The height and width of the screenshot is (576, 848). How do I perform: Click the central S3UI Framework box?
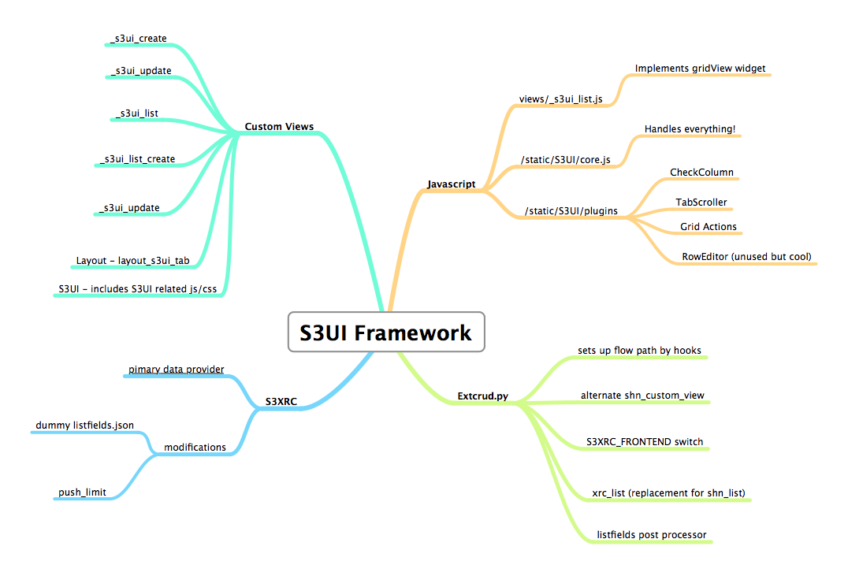point(386,333)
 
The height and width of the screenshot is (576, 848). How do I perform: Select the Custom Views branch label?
point(279,127)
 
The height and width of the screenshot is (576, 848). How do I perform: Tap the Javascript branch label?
point(451,184)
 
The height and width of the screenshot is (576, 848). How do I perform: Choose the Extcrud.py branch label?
point(483,396)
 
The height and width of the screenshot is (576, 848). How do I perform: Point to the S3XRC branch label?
point(281,401)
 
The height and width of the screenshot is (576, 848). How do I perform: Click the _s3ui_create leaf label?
point(139,39)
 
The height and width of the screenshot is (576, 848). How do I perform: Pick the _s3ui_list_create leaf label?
point(138,159)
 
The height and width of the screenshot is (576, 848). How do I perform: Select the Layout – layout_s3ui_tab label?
point(132,261)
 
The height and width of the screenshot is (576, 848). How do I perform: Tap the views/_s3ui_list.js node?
point(561,98)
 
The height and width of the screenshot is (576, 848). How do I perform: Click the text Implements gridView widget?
point(700,69)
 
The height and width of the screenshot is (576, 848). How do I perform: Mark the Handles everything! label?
point(690,128)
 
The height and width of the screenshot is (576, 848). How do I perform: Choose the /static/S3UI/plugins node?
point(571,211)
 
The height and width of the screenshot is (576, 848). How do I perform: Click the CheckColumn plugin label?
point(701,173)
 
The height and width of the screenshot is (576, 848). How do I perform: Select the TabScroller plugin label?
point(701,203)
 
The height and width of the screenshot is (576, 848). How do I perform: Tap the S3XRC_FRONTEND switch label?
point(645,442)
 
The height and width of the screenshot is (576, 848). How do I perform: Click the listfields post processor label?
point(652,535)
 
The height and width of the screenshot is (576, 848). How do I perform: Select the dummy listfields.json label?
point(84,425)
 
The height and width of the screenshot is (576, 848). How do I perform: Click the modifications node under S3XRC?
point(195,448)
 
